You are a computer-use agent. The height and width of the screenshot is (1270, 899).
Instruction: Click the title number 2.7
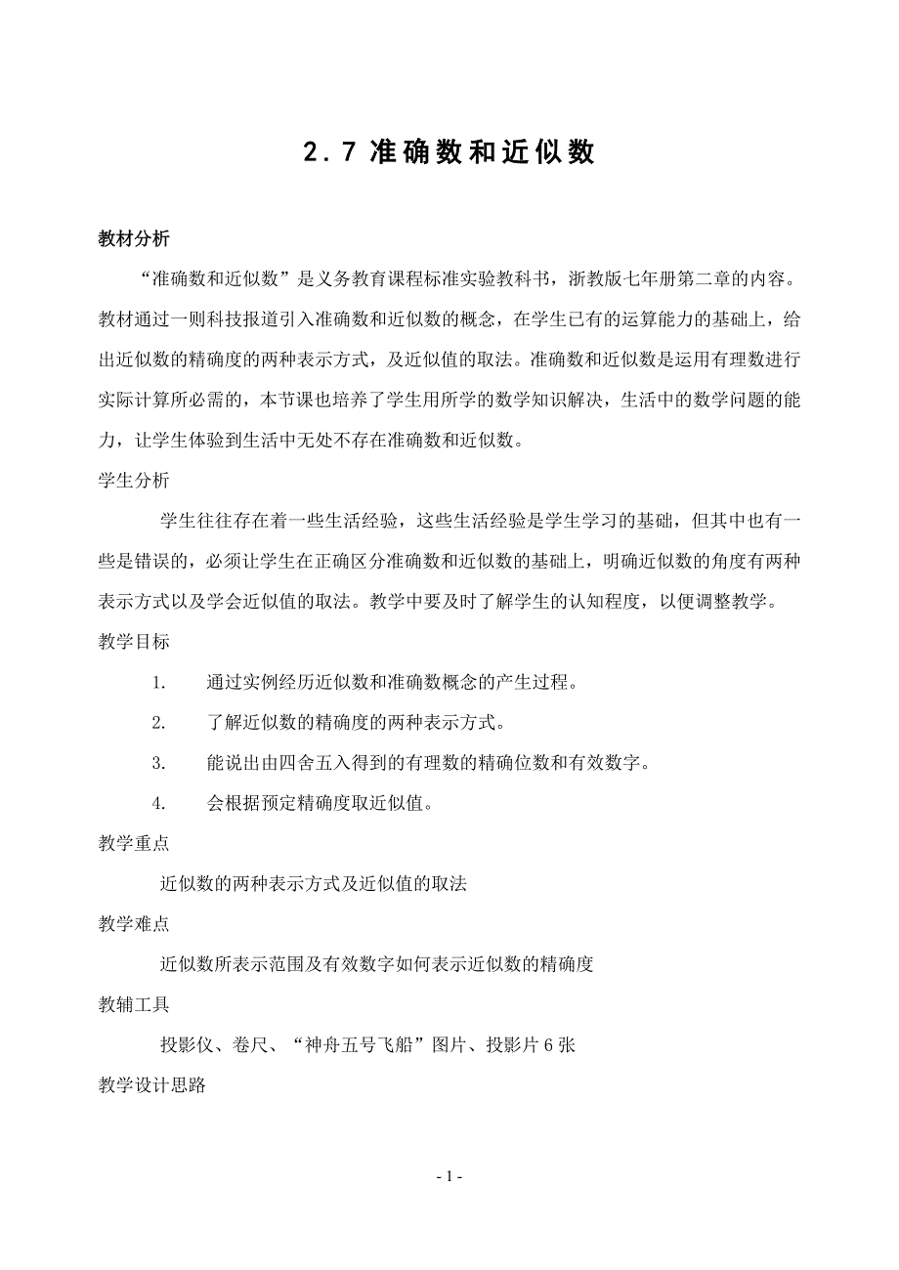[x=327, y=153]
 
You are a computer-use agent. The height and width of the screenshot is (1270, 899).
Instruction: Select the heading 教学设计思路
[x=151, y=1084]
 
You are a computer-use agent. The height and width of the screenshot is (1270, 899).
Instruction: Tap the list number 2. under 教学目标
[x=160, y=723]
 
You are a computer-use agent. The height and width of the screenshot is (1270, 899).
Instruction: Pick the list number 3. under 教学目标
[x=160, y=763]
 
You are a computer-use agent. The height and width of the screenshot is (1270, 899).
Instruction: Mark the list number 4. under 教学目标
[x=160, y=804]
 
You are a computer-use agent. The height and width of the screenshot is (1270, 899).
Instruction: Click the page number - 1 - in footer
[x=449, y=1176]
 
